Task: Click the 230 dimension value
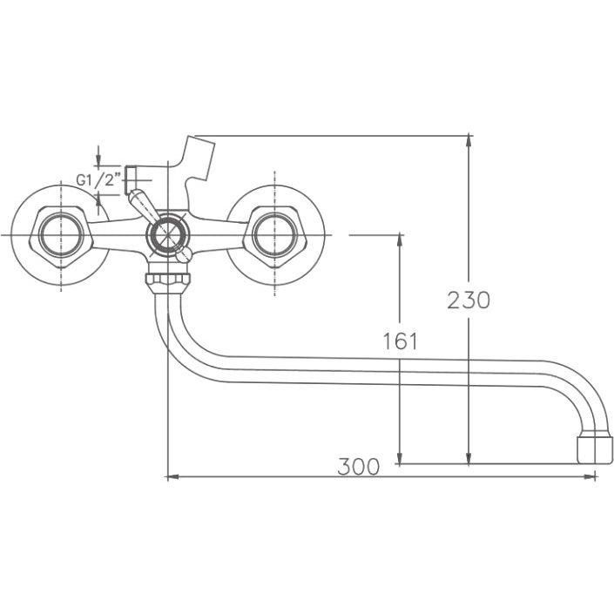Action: [469, 300]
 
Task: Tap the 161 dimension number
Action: [400, 341]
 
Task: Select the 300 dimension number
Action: [358, 466]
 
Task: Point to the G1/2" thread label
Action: [98, 180]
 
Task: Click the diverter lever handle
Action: [142, 205]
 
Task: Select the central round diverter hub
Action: [167, 236]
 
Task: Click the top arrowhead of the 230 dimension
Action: [469, 141]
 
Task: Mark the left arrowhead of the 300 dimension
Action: [172, 477]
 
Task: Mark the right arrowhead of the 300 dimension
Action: [590, 477]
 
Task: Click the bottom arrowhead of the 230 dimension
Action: [469, 458]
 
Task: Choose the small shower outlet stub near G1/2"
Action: [131, 180]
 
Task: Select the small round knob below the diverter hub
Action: [184, 255]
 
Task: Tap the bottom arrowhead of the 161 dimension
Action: [400, 458]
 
